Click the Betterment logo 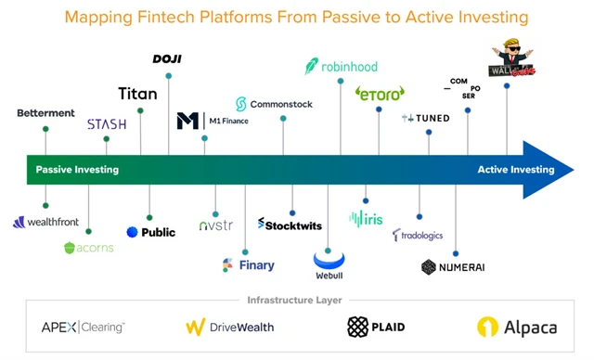point(45,113)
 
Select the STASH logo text point(106,124)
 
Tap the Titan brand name point(137,94)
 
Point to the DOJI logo point(167,59)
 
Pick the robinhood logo point(340,67)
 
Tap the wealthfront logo point(46,222)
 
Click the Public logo point(150,232)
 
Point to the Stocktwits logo point(292,224)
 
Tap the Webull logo point(329,262)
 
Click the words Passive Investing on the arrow point(77,170)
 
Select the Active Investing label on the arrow point(515,170)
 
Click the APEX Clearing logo point(83,327)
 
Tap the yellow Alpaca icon point(489,327)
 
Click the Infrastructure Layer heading point(296,300)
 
